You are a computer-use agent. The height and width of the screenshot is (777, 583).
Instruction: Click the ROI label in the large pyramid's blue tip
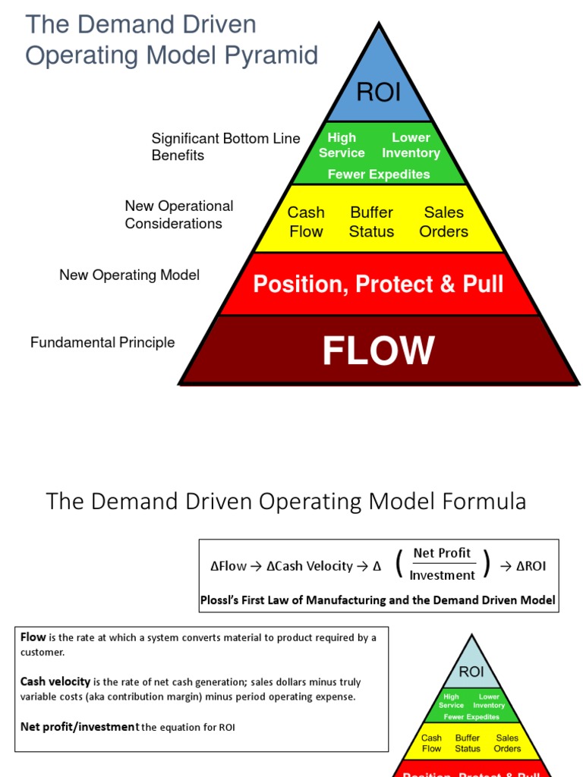point(378,93)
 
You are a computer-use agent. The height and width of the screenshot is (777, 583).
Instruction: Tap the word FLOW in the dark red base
point(378,351)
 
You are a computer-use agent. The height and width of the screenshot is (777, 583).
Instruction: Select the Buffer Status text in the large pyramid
point(371,222)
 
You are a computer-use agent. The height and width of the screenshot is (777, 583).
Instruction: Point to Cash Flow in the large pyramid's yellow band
point(306,222)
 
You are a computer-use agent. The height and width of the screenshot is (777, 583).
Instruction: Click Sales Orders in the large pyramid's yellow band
point(443,222)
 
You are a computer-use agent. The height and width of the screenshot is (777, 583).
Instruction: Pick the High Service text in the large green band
point(342,145)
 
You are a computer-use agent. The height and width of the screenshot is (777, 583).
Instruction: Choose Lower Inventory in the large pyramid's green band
point(411,145)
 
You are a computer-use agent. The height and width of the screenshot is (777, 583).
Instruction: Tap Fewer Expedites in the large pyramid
point(378,175)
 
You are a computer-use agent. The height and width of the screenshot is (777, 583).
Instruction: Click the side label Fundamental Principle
point(102,343)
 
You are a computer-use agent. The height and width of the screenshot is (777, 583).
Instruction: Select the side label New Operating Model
point(129,275)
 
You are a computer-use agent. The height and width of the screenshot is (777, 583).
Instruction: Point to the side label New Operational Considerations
point(178,215)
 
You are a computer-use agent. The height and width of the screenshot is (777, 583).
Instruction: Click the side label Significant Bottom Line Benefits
point(225,146)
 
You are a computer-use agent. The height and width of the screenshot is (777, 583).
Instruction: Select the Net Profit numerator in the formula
point(442,553)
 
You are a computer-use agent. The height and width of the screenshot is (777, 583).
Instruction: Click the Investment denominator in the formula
point(442,575)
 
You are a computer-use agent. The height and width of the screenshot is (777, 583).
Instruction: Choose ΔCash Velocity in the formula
point(309,566)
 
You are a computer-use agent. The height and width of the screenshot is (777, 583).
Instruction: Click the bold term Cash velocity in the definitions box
point(55,681)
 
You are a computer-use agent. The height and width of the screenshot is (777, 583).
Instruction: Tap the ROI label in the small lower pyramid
point(471,672)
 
